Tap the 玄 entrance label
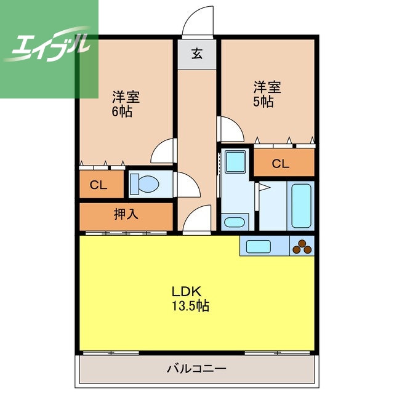pos(196,54)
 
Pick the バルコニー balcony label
pos(196,369)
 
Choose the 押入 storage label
pos(126,215)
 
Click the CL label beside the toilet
pos(98,185)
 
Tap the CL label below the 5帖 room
pos(280,164)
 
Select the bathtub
pos(302,206)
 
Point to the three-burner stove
pos(302,247)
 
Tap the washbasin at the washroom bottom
pos(233,222)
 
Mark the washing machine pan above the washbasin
pos(234,162)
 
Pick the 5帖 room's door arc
pos(231,129)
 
